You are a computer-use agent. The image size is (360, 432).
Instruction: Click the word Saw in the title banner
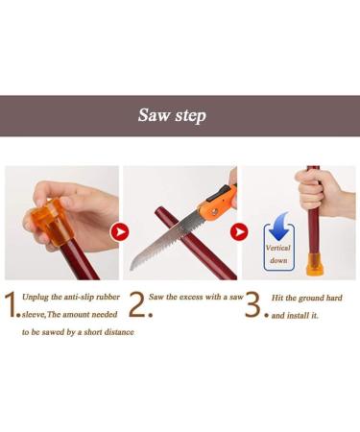154,115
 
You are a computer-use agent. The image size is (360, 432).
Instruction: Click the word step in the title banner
191,116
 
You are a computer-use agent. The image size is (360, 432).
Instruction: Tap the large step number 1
11,304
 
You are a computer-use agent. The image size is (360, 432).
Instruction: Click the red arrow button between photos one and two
120,232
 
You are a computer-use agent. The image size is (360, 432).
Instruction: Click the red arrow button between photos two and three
239,232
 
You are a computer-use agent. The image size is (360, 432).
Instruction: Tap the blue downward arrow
278,226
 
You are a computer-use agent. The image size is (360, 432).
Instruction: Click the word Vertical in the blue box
278,248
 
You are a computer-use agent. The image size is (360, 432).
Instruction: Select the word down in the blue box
278,260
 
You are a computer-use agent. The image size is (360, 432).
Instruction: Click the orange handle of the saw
217,203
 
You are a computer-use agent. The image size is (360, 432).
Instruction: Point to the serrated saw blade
165,241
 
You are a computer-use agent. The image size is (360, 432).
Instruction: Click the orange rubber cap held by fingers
52,222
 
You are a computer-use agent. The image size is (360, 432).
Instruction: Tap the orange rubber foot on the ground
314,265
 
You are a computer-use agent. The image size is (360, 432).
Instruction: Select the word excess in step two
191,297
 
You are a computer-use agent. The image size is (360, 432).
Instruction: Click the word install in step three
299,316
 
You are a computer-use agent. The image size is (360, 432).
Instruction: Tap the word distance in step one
119,332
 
